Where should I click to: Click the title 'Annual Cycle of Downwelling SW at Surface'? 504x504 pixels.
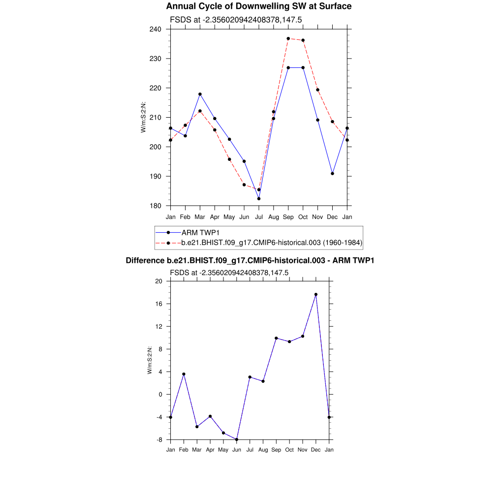[259, 6]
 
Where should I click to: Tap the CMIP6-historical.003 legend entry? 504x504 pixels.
[272, 242]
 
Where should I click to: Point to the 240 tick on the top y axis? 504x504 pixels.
[157, 29]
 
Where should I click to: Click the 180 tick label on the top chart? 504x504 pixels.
[157, 206]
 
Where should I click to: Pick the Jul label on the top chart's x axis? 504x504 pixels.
[259, 217]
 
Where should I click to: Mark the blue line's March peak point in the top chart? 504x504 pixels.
[200, 94]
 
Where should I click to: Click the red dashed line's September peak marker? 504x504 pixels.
[288, 38]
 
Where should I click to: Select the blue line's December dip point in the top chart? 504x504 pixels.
[333, 173]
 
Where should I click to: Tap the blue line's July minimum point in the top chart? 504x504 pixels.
[259, 198]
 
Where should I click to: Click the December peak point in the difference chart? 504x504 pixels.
[316, 294]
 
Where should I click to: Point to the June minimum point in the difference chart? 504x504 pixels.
[237, 440]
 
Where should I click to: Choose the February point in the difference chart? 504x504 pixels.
[184, 374]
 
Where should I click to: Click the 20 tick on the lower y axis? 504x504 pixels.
[158, 281]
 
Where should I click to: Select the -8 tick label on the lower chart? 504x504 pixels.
[158, 440]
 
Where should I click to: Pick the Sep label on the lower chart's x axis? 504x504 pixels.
[276, 450]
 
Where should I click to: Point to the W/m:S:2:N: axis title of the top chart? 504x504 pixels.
[143, 117]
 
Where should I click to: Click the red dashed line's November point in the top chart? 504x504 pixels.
[318, 90]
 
